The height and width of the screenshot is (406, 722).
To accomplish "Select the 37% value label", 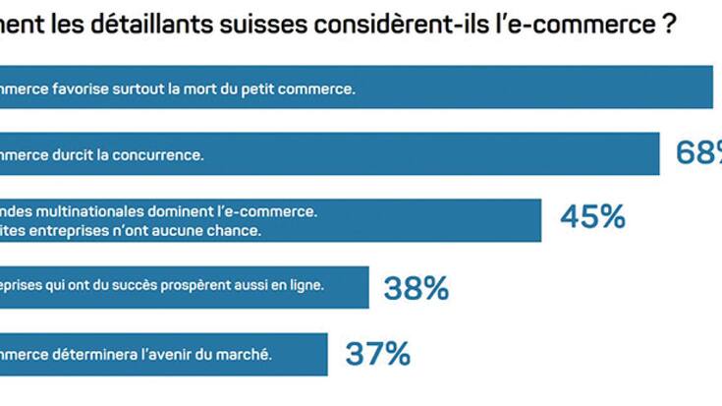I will [x=377, y=354].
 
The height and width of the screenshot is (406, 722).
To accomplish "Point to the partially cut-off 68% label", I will [x=699, y=152].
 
